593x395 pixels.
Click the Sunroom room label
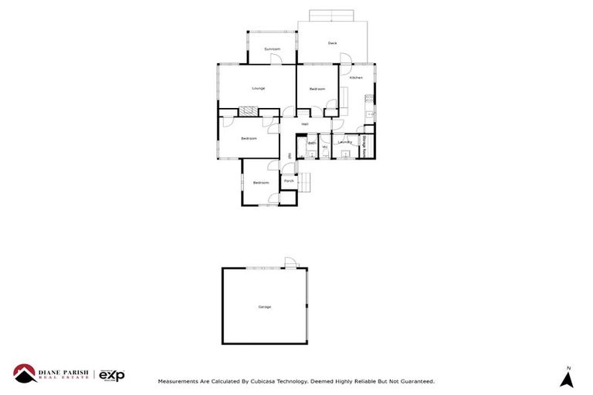click(272, 49)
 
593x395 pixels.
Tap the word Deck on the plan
click(332, 43)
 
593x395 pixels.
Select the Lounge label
click(258, 89)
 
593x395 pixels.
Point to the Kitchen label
click(356, 78)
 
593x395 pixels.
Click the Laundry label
click(345, 142)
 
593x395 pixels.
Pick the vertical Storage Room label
click(364, 146)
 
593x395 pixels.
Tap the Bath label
click(312, 143)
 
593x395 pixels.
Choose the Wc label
click(325, 147)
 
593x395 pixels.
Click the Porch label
click(288, 181)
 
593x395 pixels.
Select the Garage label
click(265, 307)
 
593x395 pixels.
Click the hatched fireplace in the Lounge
click(248, 112)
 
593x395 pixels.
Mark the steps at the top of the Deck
click(331, 15)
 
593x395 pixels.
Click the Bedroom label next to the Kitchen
click(317, 89)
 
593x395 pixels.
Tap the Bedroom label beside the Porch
click(260, 183)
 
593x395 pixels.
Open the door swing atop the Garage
click(290, 264)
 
